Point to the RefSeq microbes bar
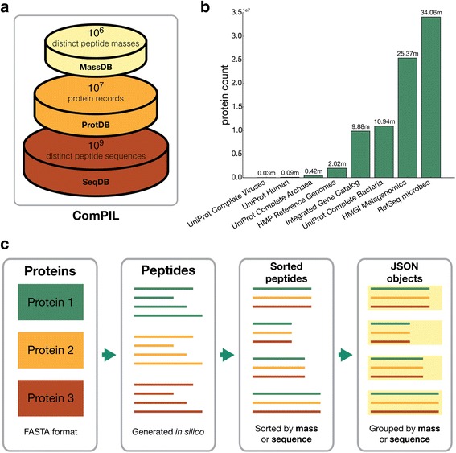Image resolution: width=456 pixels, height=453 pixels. point(430,97)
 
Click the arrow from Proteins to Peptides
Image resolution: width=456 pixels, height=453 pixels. point(107,354)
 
